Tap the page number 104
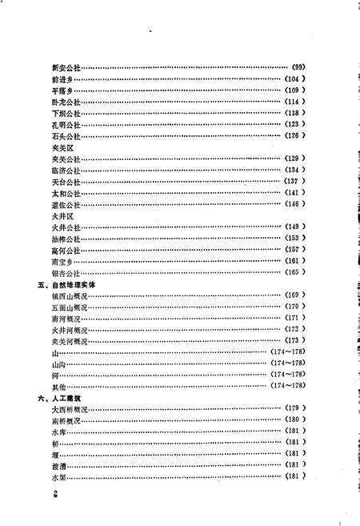coord(296,81)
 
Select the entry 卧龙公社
coord(66,102)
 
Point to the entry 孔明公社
coord(66,125)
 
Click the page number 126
coord(296,136)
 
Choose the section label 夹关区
coord(61,148)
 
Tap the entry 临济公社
coord(66,171)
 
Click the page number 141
coord(296,193)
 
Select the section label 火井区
coord(61,216)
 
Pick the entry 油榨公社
coord(66,239)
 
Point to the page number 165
coord(296,273)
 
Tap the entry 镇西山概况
coord(68,295)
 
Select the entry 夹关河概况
coord(68,341)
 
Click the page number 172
coord(296,330)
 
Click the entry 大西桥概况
coord(68,409)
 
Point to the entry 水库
coord(57,432)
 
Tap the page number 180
coord(296,420)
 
